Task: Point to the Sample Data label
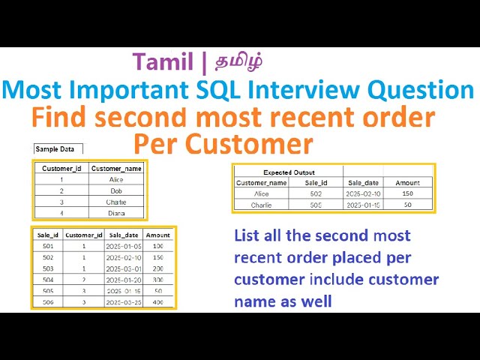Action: [56, 149]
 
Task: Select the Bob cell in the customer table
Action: [115, 191]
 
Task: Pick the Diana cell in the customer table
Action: [115, 212]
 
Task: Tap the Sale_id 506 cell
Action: [46, 301]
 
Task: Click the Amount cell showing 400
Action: [157, 301]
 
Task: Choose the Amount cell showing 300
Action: [157, 279]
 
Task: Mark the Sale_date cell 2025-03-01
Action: [123, 268]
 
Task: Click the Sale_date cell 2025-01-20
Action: [123, 279]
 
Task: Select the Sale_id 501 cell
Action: [46, 246]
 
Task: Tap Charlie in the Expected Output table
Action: [261, 204]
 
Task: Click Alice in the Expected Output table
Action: [261, 193]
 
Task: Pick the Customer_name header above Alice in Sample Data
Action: [116, 169]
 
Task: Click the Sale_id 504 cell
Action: [46, 279]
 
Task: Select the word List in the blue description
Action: [247, 235]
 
